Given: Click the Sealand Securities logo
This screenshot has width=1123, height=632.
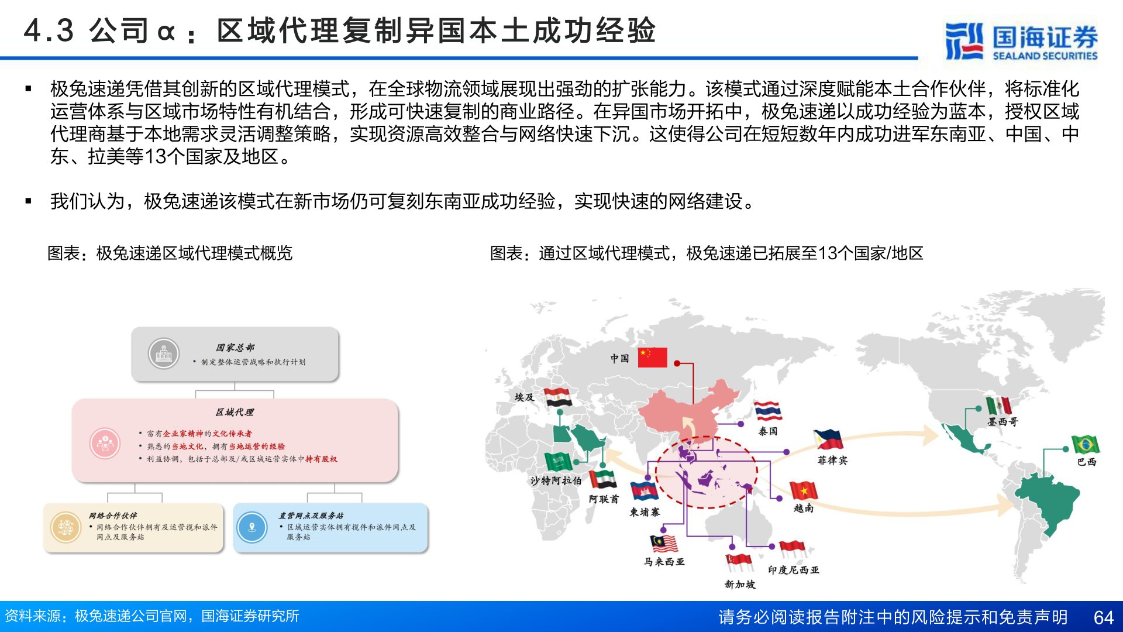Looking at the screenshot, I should [x=1021, y=41].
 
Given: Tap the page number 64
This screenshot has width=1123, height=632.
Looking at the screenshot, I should [x=1103, y=617].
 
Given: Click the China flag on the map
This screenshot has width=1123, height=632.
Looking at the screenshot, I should [x=652, y=357].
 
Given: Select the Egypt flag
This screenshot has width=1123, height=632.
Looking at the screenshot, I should [x=558, y=397].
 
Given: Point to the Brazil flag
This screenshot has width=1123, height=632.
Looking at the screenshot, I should [x=1085, y=445].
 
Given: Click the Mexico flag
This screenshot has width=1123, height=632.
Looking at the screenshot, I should [x=998, y=405].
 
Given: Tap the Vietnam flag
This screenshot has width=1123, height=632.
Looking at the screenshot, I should [x=803, y=490].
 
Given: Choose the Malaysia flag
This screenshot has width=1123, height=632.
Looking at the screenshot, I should [x=663, y=544].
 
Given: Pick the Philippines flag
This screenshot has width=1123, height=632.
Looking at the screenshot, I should [x=828, y=439].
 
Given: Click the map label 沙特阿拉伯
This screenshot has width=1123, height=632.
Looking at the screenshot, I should [x=556, y=480].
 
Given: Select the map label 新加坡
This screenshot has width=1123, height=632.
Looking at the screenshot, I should [x=740, y=584].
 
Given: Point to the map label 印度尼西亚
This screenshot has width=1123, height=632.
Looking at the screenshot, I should [x=793, y=569].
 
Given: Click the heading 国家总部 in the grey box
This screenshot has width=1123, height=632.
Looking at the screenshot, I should [x=235, y=348].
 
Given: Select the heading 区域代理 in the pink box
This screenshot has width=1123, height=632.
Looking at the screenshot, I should [x=235, y=412].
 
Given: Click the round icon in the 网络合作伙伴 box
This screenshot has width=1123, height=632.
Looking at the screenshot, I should [x=66, y=527].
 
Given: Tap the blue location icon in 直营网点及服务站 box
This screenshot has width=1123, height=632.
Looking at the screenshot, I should [x=252, y=527].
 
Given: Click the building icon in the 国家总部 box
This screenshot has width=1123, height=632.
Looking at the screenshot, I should [x=164, y=353].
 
